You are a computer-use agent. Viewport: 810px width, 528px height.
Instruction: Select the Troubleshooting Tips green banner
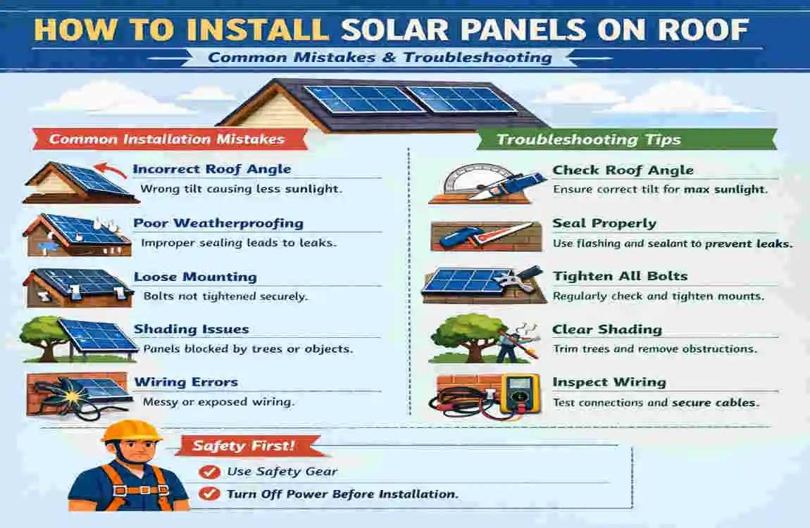click(x=588, y=139)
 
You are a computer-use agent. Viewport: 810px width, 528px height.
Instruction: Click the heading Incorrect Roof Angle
click(x=211, y=170)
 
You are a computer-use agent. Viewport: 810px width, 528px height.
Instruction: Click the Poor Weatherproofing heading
click(x=218, y=223)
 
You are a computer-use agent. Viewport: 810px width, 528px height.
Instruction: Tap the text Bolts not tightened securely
click(x=225, y=296)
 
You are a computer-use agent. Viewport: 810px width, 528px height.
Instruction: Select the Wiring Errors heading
click(x=186, y=382)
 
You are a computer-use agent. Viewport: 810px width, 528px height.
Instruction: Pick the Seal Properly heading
click(x=604, y=223)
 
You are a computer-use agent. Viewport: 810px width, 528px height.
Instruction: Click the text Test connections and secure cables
click(x=655, y=403)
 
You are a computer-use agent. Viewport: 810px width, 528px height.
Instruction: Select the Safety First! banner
click(x=244, y=446)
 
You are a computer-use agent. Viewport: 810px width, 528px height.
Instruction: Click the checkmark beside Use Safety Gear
click(x=208, y=472)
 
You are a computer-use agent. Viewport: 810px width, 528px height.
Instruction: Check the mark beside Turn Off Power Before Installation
click(x=208, y=494)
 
